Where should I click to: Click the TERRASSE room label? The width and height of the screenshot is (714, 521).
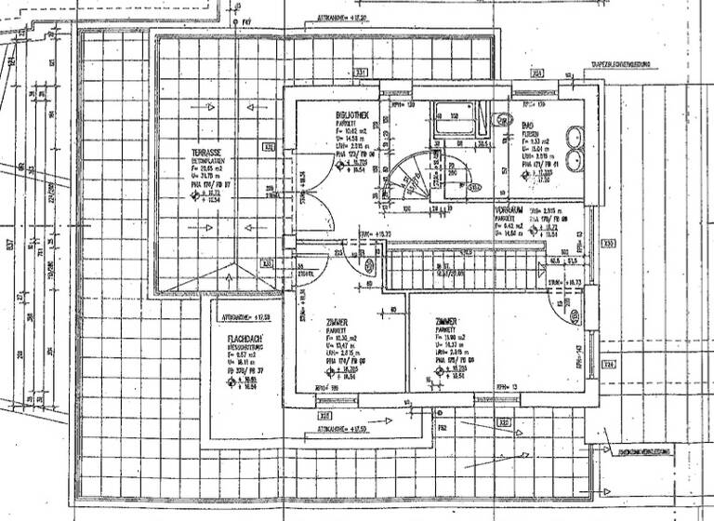(x=207, y=150)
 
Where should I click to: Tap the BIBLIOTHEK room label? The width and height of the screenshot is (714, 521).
(x=354, y=114)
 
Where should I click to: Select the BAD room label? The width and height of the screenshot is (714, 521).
(x=527, y=125)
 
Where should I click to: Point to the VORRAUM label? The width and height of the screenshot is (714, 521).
(x=510, y=212)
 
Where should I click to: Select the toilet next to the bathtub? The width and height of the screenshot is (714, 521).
(x=503, y=120)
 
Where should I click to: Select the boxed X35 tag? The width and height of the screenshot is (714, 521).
(x=609, y=245)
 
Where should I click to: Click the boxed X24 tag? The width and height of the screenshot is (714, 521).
(x=609, y=364)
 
